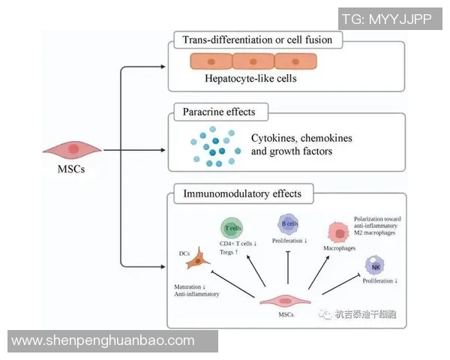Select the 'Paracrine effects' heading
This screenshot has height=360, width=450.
(219, 112)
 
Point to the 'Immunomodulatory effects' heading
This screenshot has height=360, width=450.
(242, 194)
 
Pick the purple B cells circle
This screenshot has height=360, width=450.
(289, 223)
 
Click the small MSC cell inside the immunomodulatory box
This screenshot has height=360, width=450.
(284, 301)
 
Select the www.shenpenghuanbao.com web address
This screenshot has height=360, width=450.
(103, 340)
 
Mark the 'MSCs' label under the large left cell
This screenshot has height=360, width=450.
(72, 169)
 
